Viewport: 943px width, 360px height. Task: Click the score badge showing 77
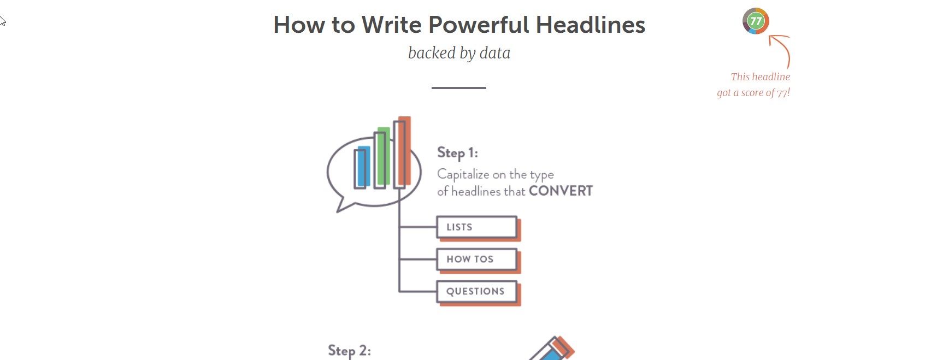[756, 21]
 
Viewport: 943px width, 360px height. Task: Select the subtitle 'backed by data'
[459, 53]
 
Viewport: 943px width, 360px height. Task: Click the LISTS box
[477, 227]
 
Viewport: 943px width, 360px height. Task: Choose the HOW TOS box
[477, 259]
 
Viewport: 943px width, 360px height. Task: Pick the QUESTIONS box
[477, 292]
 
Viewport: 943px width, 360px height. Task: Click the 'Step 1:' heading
[457, 153]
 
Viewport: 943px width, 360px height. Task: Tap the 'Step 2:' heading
[349, 351]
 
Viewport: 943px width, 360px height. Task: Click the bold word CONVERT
[561, 191]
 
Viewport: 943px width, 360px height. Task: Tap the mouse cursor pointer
[3, 21]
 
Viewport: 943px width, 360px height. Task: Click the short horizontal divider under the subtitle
[459, 87]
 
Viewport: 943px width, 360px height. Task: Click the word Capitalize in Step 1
[463, 174]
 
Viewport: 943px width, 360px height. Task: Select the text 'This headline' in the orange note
[760, 77]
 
